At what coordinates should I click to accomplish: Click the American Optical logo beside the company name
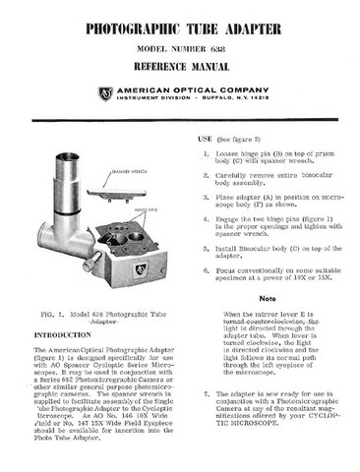tap(105, 93)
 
